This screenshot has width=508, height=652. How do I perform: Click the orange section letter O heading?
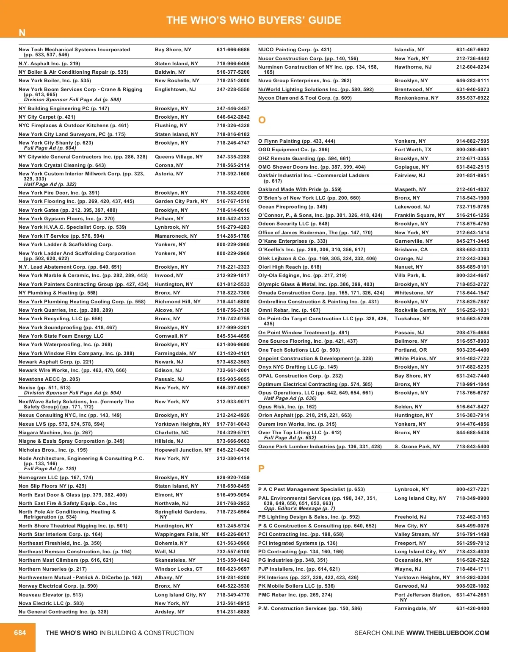click(262, 120)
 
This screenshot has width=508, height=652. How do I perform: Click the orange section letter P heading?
click(261, 469)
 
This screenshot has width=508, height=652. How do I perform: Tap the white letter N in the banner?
click(22, 33)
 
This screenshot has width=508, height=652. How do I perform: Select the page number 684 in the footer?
click(20, 633)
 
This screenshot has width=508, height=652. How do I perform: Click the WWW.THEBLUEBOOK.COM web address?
click(448, 633)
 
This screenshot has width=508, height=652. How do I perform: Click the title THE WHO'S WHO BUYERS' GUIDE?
click(254, 20)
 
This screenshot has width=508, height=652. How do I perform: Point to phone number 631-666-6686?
click(233, 50)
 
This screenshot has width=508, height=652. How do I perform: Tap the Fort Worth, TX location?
click(413, 150)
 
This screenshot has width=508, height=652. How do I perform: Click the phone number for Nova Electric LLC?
click(233, 603)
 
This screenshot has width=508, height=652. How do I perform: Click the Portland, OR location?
click(411, 350)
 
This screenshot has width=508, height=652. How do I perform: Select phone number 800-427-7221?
click(472, 489)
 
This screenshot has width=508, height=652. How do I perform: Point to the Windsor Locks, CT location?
click(179, 569)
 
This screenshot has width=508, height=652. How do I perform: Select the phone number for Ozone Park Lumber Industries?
click(472, 447)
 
